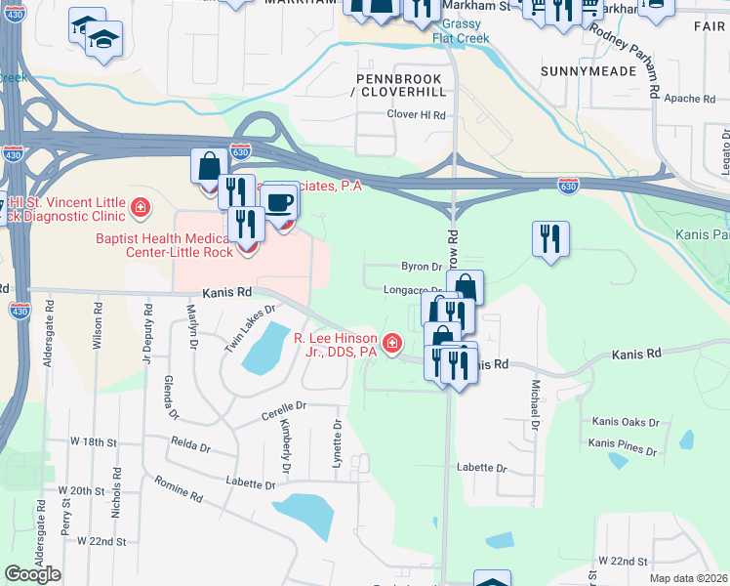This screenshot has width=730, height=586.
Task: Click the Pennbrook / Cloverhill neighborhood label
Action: coord(401,84)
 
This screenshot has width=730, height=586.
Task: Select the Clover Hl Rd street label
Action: coord(416,115)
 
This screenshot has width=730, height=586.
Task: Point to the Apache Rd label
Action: coord(689,100)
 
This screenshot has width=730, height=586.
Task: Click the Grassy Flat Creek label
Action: coord(462,31)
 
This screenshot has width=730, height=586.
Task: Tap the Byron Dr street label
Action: coord(422,267)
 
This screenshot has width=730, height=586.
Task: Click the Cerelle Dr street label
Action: coord(283,404)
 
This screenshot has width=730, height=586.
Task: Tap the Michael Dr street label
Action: coord(535,405)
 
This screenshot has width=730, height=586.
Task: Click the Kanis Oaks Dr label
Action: coord(626,423)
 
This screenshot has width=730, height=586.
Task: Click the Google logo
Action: coord(33,574)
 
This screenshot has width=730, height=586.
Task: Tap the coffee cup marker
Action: coord(280,202)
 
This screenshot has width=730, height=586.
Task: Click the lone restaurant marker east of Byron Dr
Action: coord(550,237)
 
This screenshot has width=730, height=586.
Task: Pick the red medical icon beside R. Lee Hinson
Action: coord(391,343)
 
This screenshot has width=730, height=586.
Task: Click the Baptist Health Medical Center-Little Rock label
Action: coord(164,245)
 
